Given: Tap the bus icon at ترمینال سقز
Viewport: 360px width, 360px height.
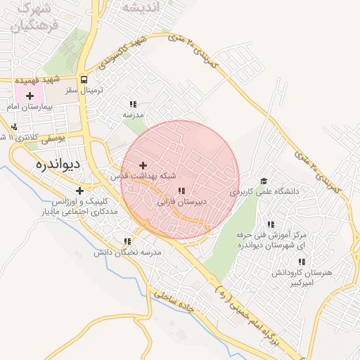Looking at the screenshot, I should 84,79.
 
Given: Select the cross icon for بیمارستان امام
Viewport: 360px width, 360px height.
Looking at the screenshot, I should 30,95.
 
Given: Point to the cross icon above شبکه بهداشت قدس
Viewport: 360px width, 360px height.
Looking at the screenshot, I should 144,165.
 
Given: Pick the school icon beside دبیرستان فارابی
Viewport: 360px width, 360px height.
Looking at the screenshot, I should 181,191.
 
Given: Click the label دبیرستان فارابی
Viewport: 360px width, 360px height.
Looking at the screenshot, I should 182,201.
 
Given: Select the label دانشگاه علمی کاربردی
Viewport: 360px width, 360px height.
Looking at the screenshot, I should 266,191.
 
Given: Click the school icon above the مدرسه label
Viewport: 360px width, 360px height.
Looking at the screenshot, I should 133,104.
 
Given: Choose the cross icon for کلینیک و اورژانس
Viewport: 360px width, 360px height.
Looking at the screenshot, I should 79,191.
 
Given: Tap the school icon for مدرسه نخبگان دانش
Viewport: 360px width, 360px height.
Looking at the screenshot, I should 127,241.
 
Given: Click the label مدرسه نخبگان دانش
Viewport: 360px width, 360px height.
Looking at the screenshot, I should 131,252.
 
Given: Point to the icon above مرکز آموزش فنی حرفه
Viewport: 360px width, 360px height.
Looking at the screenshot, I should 271,225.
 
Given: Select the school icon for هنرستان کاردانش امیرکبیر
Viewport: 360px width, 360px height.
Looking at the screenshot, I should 302,262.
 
